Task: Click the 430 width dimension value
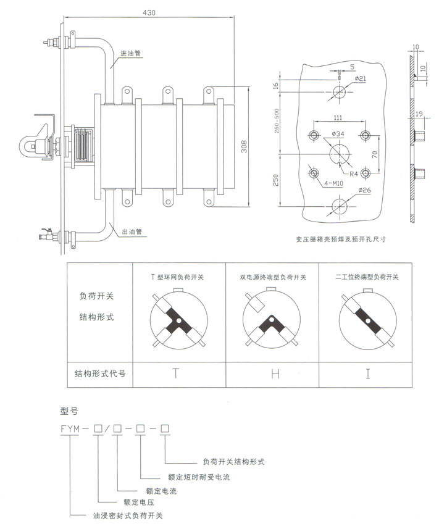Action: click(148, 12)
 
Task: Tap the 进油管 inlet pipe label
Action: click(132, 54)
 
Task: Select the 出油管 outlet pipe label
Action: click(132, 232)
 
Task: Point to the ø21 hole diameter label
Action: click(362, 78)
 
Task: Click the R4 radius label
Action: click(351, 174)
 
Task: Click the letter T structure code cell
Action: click(176, 374)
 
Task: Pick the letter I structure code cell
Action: click(367, 374)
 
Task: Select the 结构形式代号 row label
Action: click(101, 374)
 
